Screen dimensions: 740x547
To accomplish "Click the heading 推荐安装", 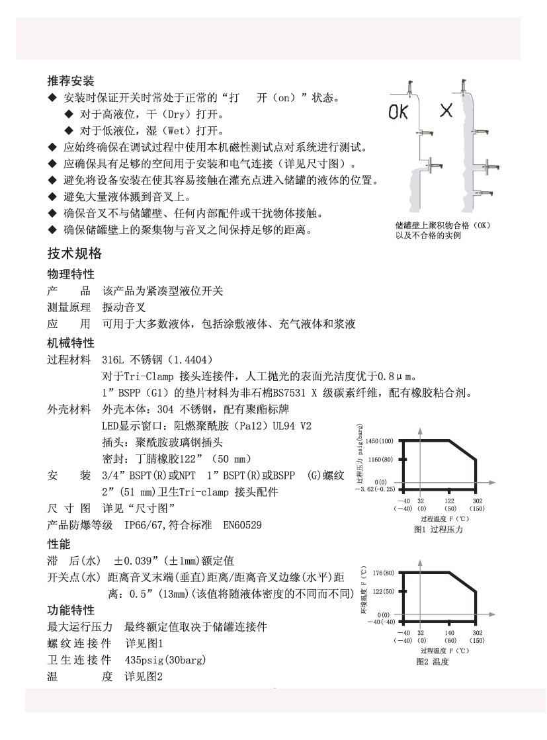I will pyautogui.click(x=71, y=82).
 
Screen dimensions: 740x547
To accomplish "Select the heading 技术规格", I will pyautogui.click(x=74, y=254).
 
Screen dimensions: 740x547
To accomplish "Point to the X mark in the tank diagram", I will pyautogui.click(x=446, y=110).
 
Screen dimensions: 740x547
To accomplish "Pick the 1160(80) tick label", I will pyautogui.click(x=380, y=459).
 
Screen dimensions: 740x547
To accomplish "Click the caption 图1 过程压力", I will pyautogui.click(x=437, y=529).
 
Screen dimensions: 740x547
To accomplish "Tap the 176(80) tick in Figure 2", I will pyautogui.click(x=383, y=572).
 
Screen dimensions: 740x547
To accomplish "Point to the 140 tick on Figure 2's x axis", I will pyautogui.click(x=450, y=633).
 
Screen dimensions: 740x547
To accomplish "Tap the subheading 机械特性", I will pyautogui.click(x=71, y=343).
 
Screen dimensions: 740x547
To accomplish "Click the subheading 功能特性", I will pyautogui.click(x=71, y=610).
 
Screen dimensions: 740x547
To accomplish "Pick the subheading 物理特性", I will pyautogui.click(x=71, y=274).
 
